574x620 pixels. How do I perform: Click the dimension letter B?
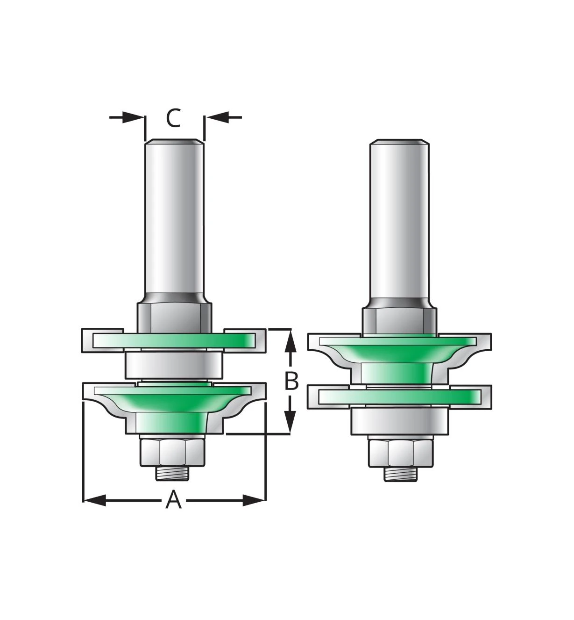click(291, 381)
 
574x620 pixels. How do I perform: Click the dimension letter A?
click(173, 500)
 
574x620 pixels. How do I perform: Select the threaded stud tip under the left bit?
click(173, 474)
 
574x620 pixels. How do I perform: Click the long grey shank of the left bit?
click(174, 215)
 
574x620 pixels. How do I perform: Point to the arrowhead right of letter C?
click(216, 117)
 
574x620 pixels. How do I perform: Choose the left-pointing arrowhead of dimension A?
click(93, 500)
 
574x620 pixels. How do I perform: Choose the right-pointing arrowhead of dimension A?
click(255, 500)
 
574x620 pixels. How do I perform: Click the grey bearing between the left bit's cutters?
click(173, 365)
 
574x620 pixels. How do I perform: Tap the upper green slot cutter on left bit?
click(173, 340)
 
